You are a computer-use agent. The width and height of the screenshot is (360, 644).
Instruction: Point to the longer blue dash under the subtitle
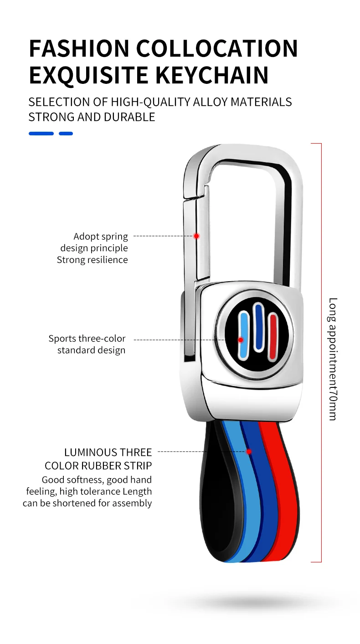[x=41, y=134]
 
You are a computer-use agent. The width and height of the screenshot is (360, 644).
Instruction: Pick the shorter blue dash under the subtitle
[x=66, y=134]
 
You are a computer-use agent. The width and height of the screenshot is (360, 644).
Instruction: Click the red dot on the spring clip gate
[x=196, y=236]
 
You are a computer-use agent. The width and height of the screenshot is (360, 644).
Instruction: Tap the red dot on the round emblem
[x=241, y=340]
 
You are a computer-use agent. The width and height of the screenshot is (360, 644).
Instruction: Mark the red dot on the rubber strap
[x=249, y=452]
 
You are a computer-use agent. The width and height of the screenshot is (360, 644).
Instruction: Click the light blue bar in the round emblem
[x=244, y=335]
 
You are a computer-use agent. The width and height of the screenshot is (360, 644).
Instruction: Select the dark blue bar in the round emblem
[x=259, y=326]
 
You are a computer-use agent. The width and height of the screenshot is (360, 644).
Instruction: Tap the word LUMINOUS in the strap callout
[x=90, y=453]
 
